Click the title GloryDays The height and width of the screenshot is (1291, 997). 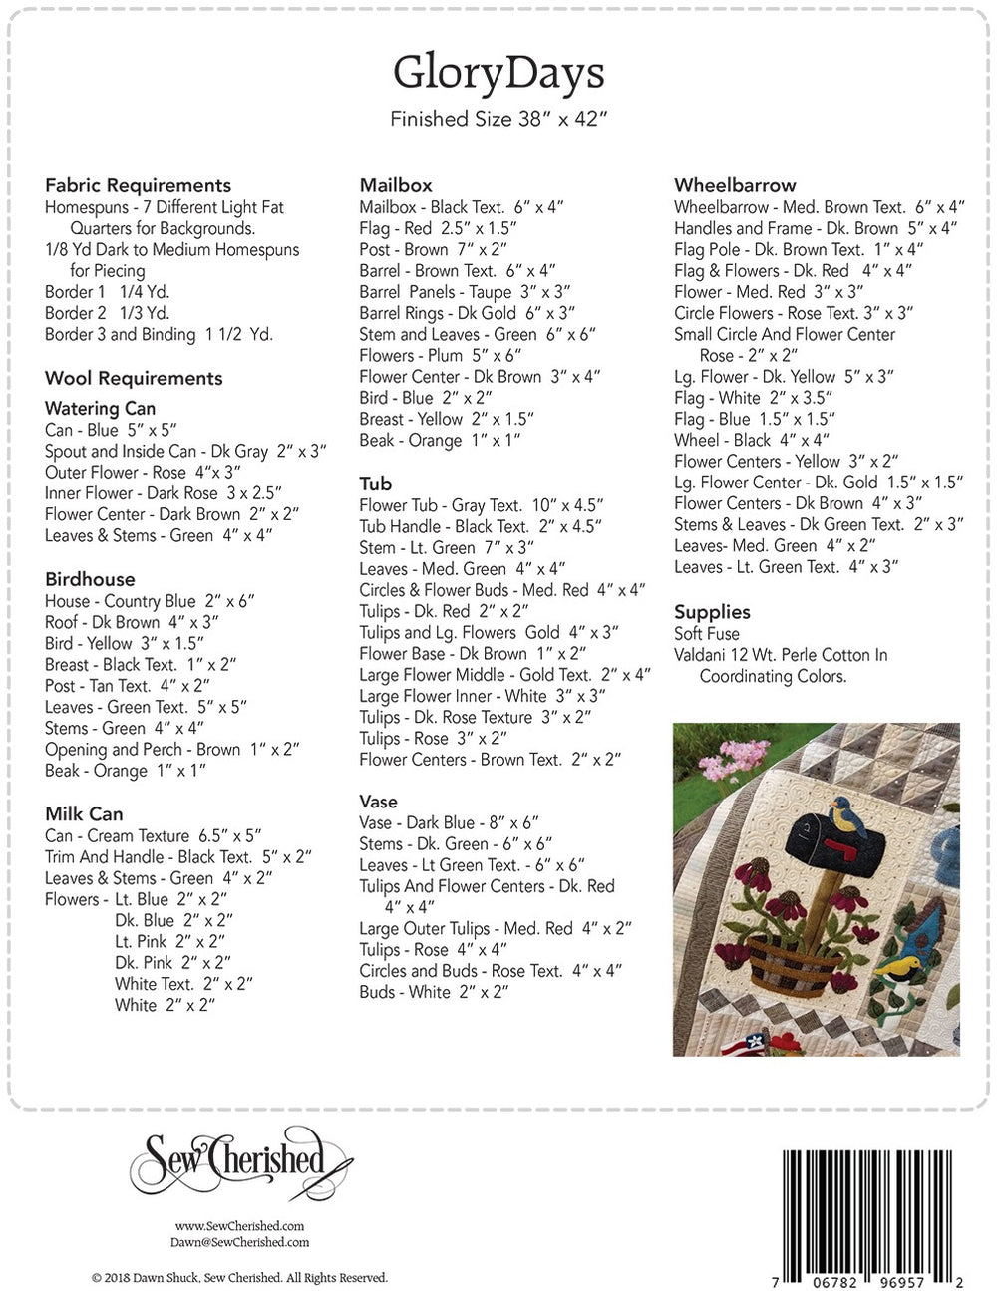(x=498, y=73)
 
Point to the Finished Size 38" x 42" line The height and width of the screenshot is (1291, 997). (x=498, y=120)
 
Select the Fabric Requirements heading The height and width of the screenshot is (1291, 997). (x=138, y=185)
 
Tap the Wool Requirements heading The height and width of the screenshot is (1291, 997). (x=134, y=378)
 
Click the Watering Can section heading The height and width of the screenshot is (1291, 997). (x=100, y=408)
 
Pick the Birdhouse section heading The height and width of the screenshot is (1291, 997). (x=90, y=579)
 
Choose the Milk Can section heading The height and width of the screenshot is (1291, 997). (x=84, y=813)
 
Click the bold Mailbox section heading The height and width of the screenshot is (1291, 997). (x=396, y=185)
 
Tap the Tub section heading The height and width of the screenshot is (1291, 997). (x=376, y=484)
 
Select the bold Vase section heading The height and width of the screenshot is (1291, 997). (x=378, y=801)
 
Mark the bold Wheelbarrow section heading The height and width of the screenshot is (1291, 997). (x=735, y=185)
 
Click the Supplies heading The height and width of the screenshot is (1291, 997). (x=712, y=612)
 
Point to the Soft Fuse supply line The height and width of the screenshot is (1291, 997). (x=707, y=634)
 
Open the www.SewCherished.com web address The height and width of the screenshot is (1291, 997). (x=240, y=1226)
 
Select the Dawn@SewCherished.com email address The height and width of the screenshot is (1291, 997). (x=240, y=1242)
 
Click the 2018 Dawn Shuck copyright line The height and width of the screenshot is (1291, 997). (x=239, y=1277)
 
